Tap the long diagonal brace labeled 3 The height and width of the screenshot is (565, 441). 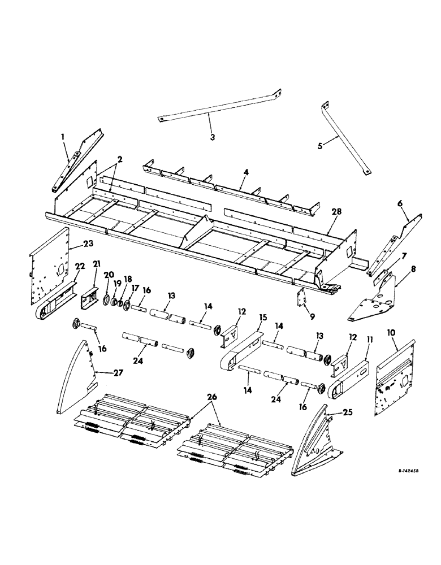coord(220,107)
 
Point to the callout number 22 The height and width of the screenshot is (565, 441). coord(80,266)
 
